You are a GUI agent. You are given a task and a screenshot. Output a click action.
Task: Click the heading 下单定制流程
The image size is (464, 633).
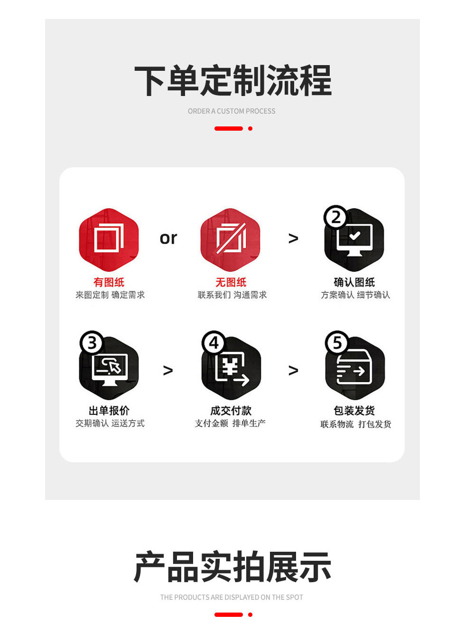tap(232, 80)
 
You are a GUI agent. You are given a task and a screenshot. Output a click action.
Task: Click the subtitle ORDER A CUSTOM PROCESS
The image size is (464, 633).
tap(232, 111)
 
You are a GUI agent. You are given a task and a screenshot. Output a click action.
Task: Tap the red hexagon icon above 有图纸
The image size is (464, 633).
tap(109, 240)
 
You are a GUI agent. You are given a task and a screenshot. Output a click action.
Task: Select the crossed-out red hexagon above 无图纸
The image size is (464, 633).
tap(231, 240)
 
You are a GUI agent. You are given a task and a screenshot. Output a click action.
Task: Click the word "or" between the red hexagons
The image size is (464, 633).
tap(168, 238)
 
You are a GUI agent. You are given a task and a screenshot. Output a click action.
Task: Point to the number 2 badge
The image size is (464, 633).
tap(335, 217)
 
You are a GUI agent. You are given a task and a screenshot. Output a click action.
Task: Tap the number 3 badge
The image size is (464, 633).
tap(92, 343)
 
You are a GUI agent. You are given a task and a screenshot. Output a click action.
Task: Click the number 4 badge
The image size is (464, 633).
tap(214, 343)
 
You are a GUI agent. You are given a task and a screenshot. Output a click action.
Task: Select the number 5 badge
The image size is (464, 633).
tap(337, 343)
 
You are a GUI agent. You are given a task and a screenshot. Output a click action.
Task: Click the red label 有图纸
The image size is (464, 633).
tap(109, 282)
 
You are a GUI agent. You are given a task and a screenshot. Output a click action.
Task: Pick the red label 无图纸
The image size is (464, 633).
tap(231, 282)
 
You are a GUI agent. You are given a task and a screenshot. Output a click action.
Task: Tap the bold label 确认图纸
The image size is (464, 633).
tap(354, 282)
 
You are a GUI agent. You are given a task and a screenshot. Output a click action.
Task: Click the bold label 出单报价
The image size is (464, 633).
tap(109, 411)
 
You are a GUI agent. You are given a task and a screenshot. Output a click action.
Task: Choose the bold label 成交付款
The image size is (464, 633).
tap(231, 411)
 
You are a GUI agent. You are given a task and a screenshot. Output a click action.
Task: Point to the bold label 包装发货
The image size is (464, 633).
tap(354, 411)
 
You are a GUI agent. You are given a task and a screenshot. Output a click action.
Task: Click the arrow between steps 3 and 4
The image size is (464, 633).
tap(168, 370)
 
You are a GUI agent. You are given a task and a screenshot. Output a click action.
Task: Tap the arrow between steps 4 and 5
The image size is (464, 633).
tap(293, 370)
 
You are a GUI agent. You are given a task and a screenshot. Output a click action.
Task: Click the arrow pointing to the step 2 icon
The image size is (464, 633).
tap(293, 239)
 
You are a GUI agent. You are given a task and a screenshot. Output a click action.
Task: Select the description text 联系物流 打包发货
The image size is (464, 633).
tap(356, 424)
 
